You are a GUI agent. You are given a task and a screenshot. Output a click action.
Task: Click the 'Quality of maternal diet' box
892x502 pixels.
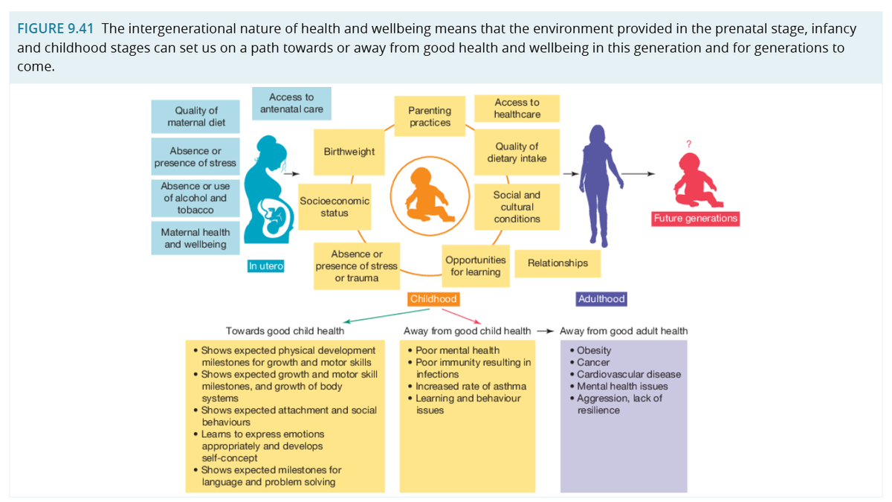click(195, 116)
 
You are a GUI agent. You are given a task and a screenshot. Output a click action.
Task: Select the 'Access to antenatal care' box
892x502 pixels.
click(291, 103)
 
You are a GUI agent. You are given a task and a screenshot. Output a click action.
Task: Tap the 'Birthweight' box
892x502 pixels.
click(349, 152)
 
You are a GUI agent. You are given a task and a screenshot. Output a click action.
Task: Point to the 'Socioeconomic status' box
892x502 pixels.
click(334, 207)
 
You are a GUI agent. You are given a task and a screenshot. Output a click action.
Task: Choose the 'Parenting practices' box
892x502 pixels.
click(430, 116)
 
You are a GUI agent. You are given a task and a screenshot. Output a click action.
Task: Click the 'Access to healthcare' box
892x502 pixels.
click(517, 109)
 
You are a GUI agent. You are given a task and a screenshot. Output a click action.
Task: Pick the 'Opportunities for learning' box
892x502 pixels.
click(476, 266)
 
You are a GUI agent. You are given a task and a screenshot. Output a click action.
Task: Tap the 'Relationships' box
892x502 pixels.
click(557, 263)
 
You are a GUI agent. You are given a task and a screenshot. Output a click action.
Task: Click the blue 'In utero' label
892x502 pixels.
click(266, 266)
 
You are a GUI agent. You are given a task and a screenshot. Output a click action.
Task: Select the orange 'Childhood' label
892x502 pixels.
click(433, 299)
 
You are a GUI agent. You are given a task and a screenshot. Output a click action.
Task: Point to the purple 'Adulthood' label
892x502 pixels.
click(601, 299)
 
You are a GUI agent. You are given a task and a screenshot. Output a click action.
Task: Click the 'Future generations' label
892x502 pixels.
click(695, 219)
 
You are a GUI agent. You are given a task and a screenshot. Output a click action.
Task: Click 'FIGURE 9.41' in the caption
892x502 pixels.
click(56, 29)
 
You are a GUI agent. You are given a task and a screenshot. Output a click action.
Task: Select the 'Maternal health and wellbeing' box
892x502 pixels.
click(195, 238)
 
